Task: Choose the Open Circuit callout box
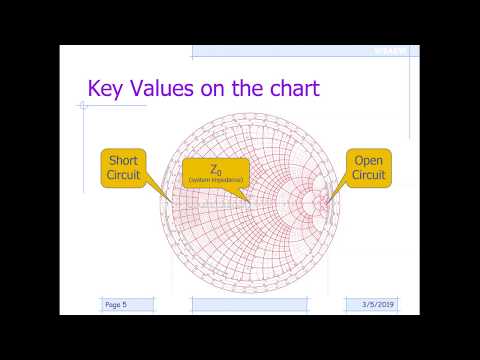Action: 368,167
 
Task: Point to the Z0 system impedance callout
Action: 217,171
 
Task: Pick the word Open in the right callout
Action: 368,160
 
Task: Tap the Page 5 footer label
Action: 118,303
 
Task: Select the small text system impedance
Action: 217,180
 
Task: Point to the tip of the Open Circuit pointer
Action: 327,199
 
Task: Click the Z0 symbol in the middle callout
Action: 217,167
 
